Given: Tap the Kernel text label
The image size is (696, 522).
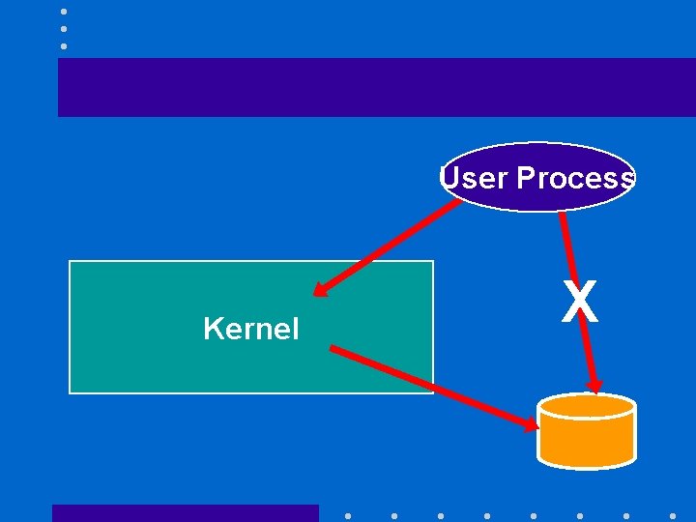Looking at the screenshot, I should [x=251, y=330].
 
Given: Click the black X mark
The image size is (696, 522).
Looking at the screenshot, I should [x=580, y=302].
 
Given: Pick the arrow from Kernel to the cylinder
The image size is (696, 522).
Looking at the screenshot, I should [x=435, y=387].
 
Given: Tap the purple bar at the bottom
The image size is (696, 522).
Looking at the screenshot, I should [x=185, y=513].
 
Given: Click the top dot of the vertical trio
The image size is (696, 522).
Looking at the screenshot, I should [x=63, y=12].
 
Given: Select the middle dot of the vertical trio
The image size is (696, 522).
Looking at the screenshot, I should [x=63, y=29].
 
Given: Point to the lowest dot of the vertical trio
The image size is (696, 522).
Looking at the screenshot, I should [x=63, y=46].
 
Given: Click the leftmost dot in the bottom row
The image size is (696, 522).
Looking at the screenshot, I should [x=348, y=516].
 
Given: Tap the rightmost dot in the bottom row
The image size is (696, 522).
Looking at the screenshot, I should [x=673, y=516].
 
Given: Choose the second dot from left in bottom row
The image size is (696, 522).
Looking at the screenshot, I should [x=394, y=516].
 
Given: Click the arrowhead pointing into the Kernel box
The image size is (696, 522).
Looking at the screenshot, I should [x=322, y=289].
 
